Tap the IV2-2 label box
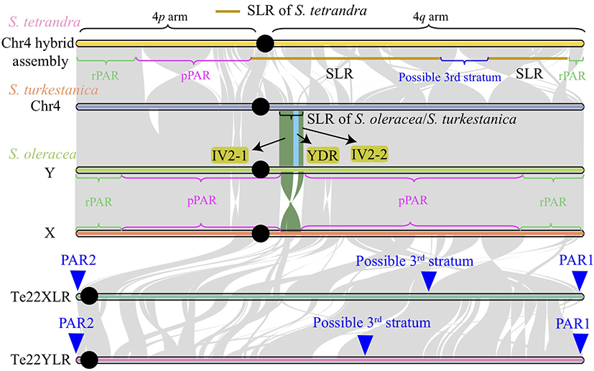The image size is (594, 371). (370, 153)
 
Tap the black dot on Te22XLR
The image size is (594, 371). (89, 296)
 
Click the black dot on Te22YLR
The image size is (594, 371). (89, 359)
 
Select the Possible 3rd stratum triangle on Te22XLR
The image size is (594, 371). (428, 281)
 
